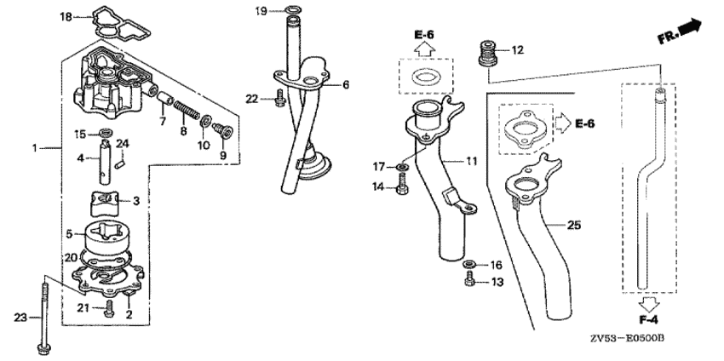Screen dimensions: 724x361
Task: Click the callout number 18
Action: point(66,17)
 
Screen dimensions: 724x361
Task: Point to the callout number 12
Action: point(518,50)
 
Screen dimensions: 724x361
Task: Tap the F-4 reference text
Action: point(648,319)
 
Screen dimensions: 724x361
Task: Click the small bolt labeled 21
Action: point(108,308)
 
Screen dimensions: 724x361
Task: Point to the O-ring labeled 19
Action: point(292,9)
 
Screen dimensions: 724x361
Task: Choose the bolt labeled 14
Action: point(401,184)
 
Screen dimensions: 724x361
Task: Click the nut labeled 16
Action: point(469,264)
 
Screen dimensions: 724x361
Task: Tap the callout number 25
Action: point(575,226)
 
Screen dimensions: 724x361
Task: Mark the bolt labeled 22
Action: point(279,99)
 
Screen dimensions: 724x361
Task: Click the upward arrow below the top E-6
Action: point(424,48)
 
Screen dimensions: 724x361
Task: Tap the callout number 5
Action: point(69,234)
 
